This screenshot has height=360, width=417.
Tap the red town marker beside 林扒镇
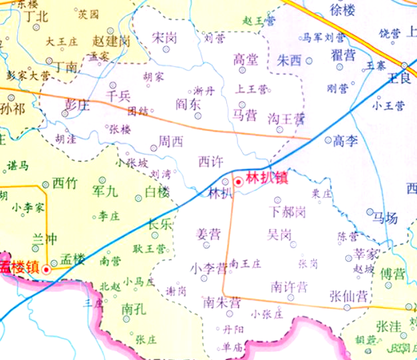pos(238,182)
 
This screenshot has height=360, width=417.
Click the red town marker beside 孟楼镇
pos(46,270)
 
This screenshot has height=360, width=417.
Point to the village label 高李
pos(346,140)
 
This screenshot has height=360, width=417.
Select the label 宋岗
pos(164,38)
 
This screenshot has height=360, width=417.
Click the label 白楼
pos(157,192)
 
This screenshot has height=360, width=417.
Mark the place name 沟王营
pos(286,119)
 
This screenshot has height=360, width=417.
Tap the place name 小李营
pos(208,269)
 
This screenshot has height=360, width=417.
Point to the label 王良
pos(400,78)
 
